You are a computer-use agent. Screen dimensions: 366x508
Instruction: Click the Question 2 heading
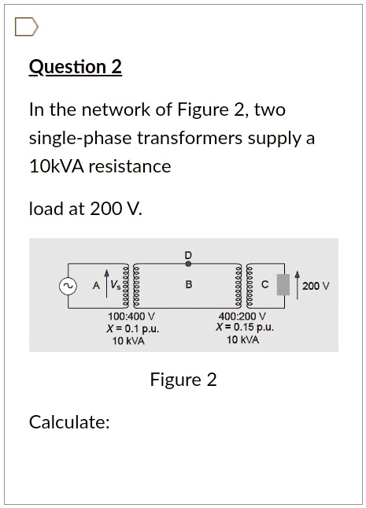75,67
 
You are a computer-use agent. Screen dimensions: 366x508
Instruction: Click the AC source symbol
68,286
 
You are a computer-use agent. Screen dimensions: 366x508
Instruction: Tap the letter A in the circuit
96,285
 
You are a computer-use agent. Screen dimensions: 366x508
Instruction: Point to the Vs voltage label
115,285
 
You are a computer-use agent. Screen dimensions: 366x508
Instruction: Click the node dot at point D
189,264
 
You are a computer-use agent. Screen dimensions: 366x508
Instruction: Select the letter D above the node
188,255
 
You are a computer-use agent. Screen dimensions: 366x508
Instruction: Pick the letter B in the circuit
189,285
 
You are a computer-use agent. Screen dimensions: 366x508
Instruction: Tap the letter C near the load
265,285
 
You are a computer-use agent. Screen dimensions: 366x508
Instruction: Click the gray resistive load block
283,285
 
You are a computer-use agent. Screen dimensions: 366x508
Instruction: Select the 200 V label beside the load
316,286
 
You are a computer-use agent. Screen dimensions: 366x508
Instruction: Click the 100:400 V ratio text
131,316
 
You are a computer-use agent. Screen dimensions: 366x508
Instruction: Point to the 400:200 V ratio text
242,315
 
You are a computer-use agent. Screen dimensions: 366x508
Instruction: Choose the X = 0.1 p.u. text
133,329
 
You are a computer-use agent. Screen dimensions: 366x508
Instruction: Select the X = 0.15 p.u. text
245,327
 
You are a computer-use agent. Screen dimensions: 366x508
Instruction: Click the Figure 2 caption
183,380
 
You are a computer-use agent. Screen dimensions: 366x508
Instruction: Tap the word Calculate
69,422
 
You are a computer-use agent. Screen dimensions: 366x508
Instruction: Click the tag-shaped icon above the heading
27,28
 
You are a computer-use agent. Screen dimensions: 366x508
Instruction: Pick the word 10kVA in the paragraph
57,167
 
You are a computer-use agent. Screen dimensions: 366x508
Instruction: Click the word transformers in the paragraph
190,139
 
